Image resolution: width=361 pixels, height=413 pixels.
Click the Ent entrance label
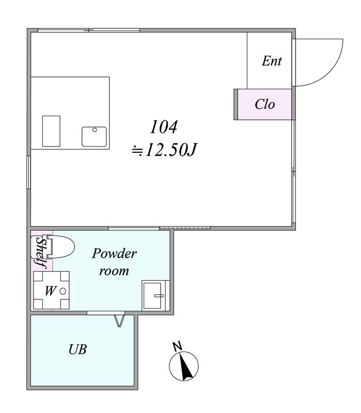272,61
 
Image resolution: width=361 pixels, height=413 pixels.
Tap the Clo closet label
265,104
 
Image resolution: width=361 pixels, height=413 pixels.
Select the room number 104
163,126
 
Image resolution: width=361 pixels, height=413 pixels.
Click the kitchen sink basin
94,136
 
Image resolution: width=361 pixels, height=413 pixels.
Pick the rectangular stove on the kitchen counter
51,131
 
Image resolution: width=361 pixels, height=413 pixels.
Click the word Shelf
42,253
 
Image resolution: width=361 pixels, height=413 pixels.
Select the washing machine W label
50,291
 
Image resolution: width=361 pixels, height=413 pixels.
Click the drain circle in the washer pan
62,291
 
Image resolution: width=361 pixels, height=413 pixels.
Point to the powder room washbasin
155,295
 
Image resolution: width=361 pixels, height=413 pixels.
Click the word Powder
114,253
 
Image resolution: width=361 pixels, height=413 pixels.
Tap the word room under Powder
114,271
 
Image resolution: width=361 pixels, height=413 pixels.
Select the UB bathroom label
78,350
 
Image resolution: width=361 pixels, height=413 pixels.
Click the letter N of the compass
178,346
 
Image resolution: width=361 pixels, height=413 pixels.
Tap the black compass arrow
185,367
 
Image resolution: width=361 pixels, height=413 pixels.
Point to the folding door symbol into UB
119,320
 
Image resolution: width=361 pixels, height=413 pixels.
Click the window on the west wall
29,172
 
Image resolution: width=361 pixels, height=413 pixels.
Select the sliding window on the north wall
89,30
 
